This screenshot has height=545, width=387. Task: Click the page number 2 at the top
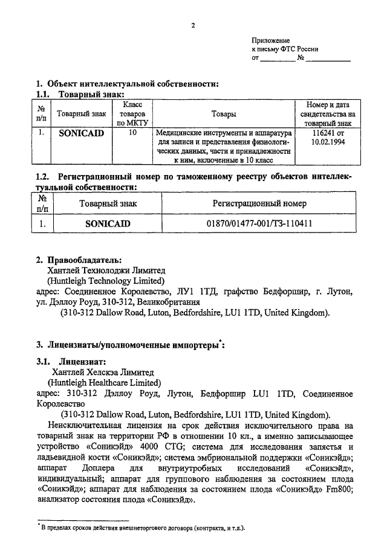coord(193,25)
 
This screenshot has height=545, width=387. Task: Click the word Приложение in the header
coord(271,39)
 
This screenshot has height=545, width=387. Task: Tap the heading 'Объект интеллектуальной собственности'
coord(132,83)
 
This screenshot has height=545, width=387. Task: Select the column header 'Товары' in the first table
coord(224,113)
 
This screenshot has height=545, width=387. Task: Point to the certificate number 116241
coord(321,131)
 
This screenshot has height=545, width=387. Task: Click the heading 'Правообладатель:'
coord(83,260)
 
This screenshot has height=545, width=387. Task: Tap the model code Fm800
coord(341,487)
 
